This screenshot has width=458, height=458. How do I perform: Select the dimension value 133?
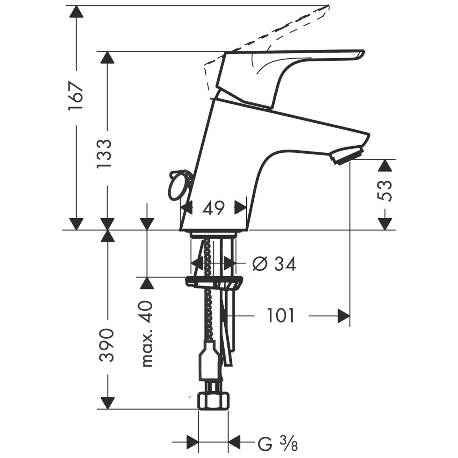104,153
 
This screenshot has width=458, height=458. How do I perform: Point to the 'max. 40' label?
147,333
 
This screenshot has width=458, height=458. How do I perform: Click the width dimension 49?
213,208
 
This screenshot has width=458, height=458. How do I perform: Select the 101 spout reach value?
280,316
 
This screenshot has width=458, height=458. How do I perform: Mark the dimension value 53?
385,191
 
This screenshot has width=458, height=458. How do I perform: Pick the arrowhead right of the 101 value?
344,316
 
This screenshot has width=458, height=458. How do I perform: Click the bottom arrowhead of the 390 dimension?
108,403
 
